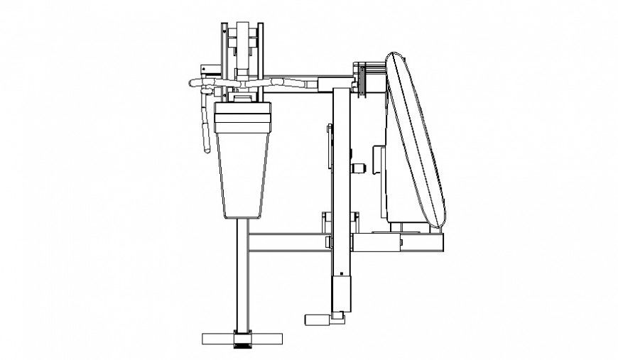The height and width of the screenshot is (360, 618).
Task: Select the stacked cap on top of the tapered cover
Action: click(244, 111)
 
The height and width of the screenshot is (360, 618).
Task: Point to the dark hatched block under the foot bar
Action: click(243, 345)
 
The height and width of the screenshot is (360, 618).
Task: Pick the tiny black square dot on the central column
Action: click(341, 273)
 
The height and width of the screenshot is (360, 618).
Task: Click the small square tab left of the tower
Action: click(204, 70)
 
